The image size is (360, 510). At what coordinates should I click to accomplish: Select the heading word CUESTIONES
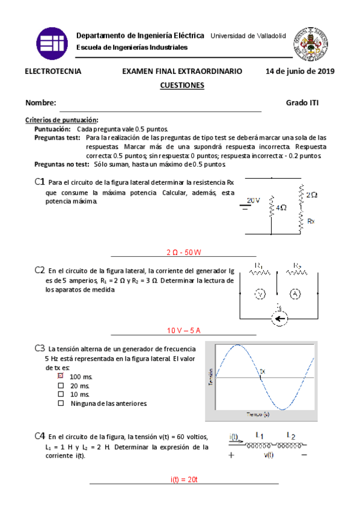coord(182,85)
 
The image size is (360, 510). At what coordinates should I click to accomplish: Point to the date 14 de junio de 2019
coord(299,71)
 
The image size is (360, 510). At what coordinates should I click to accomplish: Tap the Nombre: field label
coord(41,103)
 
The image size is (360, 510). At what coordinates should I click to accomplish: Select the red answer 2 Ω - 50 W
coord(183,252)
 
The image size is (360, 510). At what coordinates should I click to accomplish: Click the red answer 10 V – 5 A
coord(183,330)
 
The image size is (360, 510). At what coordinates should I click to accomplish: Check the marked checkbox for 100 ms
coord(60,375)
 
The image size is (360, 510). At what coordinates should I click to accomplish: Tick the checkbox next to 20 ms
coord(60,385)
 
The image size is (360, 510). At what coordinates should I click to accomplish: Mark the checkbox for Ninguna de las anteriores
coord(60,404)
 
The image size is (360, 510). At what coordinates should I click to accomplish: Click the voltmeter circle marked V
coord(259,293)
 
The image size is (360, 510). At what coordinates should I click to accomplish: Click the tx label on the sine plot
coord(261,371)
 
